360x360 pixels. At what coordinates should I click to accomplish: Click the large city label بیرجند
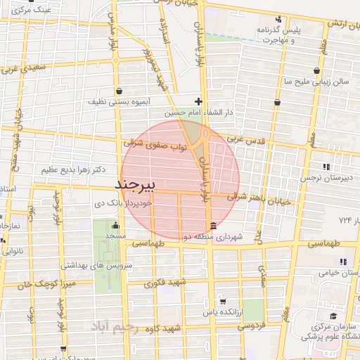(138, 184)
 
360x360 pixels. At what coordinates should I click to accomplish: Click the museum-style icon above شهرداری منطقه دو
(213, 224)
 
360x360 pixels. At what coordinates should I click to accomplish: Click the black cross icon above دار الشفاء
(199, 101)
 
